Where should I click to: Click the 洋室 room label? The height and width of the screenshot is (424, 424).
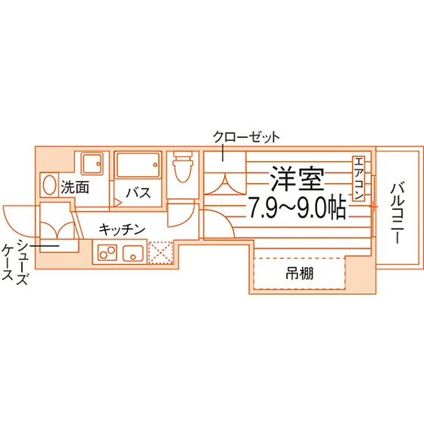[x=297, y=178]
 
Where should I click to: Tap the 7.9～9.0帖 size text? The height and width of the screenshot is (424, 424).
[x=297, y=207]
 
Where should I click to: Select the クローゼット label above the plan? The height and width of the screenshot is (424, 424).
[x=246, y=137]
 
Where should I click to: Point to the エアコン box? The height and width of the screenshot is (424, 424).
[x=358, y=179]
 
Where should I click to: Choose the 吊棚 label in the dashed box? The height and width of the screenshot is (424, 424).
[x=300, y=273]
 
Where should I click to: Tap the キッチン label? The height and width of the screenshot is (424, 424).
[x=122, y=229]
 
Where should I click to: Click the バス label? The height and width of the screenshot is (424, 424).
[x=139, y=193]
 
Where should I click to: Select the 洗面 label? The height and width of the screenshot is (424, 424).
[x=75, y=187]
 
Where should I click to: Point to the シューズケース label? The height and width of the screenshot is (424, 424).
[x=15, y=261]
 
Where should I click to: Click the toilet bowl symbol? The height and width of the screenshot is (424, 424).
[x=182, y=167]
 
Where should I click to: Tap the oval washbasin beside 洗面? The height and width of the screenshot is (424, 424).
[x=49, y=185]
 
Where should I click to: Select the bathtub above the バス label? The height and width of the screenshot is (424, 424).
[x=138, y=165]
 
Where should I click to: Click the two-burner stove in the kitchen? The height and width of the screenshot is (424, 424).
[x=108, y=252]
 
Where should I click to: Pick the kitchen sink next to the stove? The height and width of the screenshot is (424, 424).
[x=132, y=254]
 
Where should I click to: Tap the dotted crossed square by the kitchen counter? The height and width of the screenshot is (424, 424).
[x=161, y=253]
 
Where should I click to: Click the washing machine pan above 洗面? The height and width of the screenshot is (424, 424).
[x=92, y=164]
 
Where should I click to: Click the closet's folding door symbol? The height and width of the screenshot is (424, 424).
[x=224, y=185]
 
